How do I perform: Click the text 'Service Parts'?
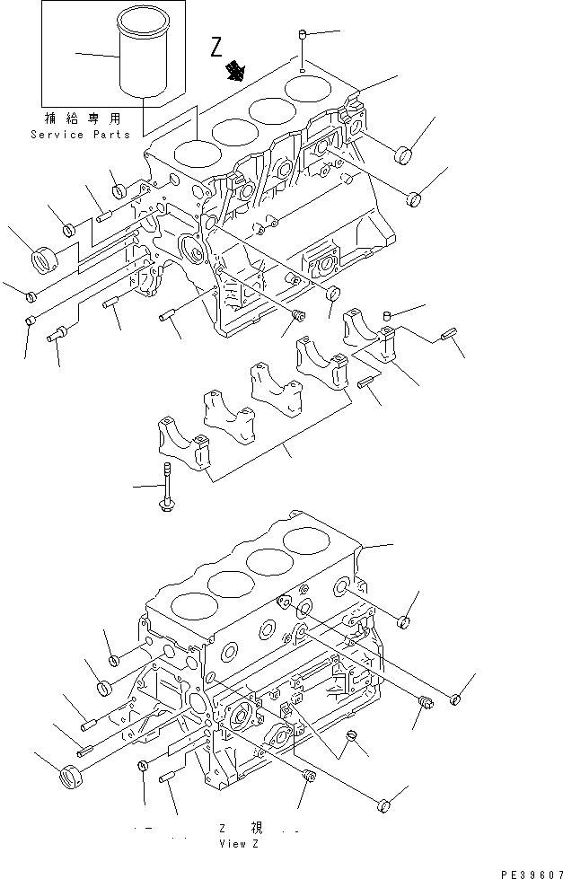[x=80, y=135]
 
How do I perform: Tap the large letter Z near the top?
[x=216, y=48]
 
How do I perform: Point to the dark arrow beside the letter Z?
[x=239, y=70]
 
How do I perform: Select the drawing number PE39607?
[x=529, y=871]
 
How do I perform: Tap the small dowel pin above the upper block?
[x=303, y=37]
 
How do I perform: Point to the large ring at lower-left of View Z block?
[x=69, y=773]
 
